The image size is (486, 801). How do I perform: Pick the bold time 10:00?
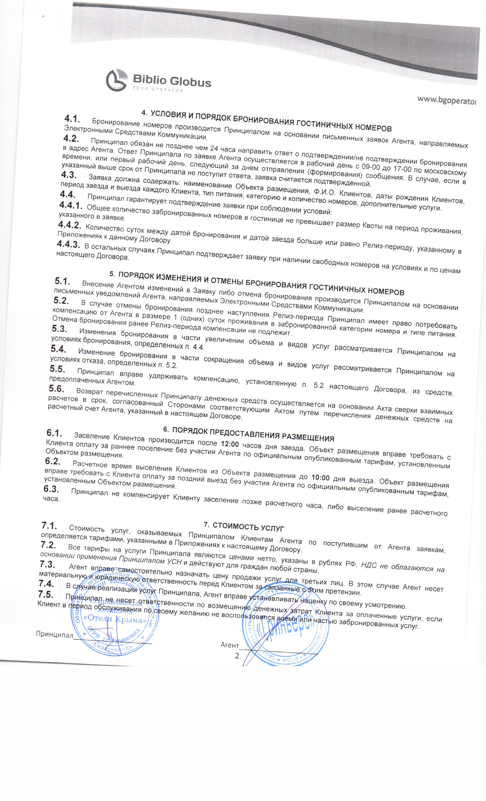click(320, 477)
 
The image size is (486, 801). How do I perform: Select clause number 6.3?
click(51, 489)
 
